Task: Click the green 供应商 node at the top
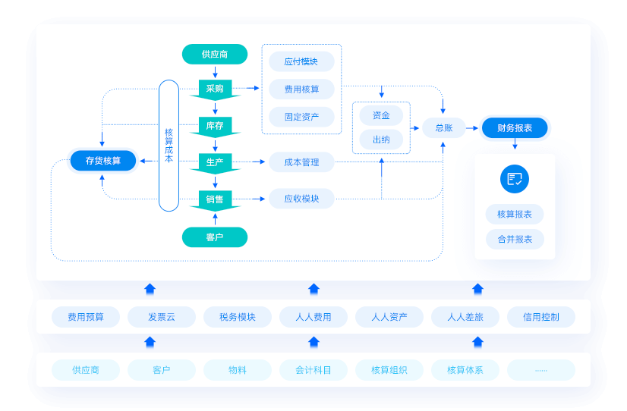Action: tap(215, 55)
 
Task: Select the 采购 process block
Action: tap(215, 89)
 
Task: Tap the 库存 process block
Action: tap(215, 127)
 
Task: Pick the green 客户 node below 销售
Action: tap(215, 237)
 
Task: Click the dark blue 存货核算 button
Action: tap(103, 161)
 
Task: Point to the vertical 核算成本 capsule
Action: tap(169, 146)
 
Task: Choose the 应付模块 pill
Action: tap(301, 61)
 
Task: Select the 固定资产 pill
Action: tap(301, 117)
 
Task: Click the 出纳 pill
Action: tap(381, 140)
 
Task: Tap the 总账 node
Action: tap(444, 128)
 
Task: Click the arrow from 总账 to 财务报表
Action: tap(472, 128)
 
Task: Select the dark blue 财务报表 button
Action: tap(515, 128)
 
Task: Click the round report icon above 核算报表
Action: tap(515, 179)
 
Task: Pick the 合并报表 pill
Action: tap(515, 240)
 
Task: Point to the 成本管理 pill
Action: tap(301, 162)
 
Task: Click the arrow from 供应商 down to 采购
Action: tap(215, 72)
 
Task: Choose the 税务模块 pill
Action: tap(238, 317)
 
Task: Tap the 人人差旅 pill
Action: tap(465, 317)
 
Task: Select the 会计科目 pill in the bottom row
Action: tap(313, 370)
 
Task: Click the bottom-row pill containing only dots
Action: tap(541, 370)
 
